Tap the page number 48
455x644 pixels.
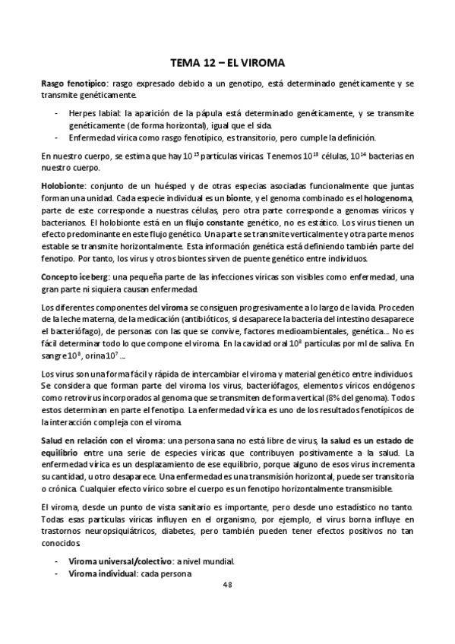(228, 585)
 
